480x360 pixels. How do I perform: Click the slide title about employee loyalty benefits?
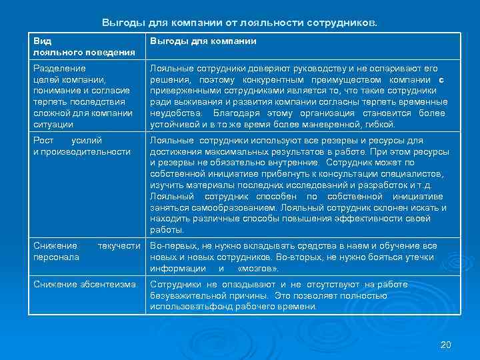point(239,23)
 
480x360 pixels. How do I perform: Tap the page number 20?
point(446,345)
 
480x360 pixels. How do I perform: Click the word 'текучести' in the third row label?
point(119,246)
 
